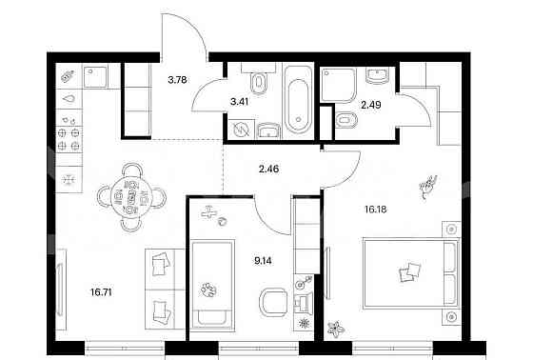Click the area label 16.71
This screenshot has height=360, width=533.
[101, 292]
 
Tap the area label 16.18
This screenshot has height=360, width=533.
[376, 210]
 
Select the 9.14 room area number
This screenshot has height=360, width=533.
[263, 261]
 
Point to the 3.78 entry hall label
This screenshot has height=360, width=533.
[177, 80]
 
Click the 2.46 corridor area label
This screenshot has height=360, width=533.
[268, 169]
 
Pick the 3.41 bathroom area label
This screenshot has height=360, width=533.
[239, 101]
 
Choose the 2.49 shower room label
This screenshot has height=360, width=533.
[371, 105]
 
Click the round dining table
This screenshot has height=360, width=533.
[131, 198]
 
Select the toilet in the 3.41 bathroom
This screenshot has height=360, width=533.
[259, 82]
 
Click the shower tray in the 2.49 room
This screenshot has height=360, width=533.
[338, 85]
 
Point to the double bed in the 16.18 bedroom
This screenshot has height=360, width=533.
[410, 273]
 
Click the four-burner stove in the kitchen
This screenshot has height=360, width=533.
[69, 139]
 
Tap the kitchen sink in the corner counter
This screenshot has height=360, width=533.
[95, 76]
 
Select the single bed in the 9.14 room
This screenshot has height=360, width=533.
[212, 285]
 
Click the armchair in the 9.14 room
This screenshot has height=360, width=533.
[274, 302]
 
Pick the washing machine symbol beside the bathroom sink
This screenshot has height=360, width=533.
[241, 130]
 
